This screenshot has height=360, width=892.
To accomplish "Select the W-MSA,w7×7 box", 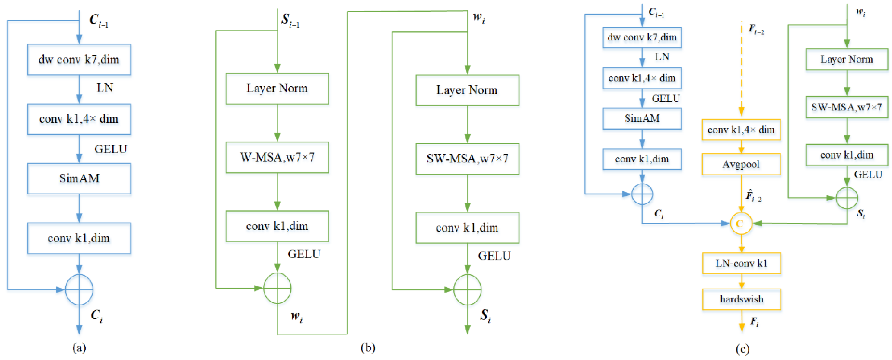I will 277,157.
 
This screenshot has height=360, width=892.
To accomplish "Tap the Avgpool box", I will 741,164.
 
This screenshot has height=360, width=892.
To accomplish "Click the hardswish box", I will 741,299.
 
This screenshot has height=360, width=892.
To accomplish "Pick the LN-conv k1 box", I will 741,263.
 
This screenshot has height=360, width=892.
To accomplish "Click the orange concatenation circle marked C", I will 741,224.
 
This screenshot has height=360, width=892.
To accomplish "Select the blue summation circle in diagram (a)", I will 79,289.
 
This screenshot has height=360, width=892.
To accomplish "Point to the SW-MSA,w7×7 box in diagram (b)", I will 467,159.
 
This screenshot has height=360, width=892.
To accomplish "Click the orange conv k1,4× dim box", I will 741,130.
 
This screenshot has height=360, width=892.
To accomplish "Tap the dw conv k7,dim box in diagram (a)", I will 79,60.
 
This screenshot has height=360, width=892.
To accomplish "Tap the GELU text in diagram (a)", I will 111,149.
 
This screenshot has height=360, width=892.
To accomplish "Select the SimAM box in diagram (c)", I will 642,119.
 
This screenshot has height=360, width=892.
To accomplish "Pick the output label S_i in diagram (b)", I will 485,316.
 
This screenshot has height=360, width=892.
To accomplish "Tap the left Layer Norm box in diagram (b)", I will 277,89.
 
